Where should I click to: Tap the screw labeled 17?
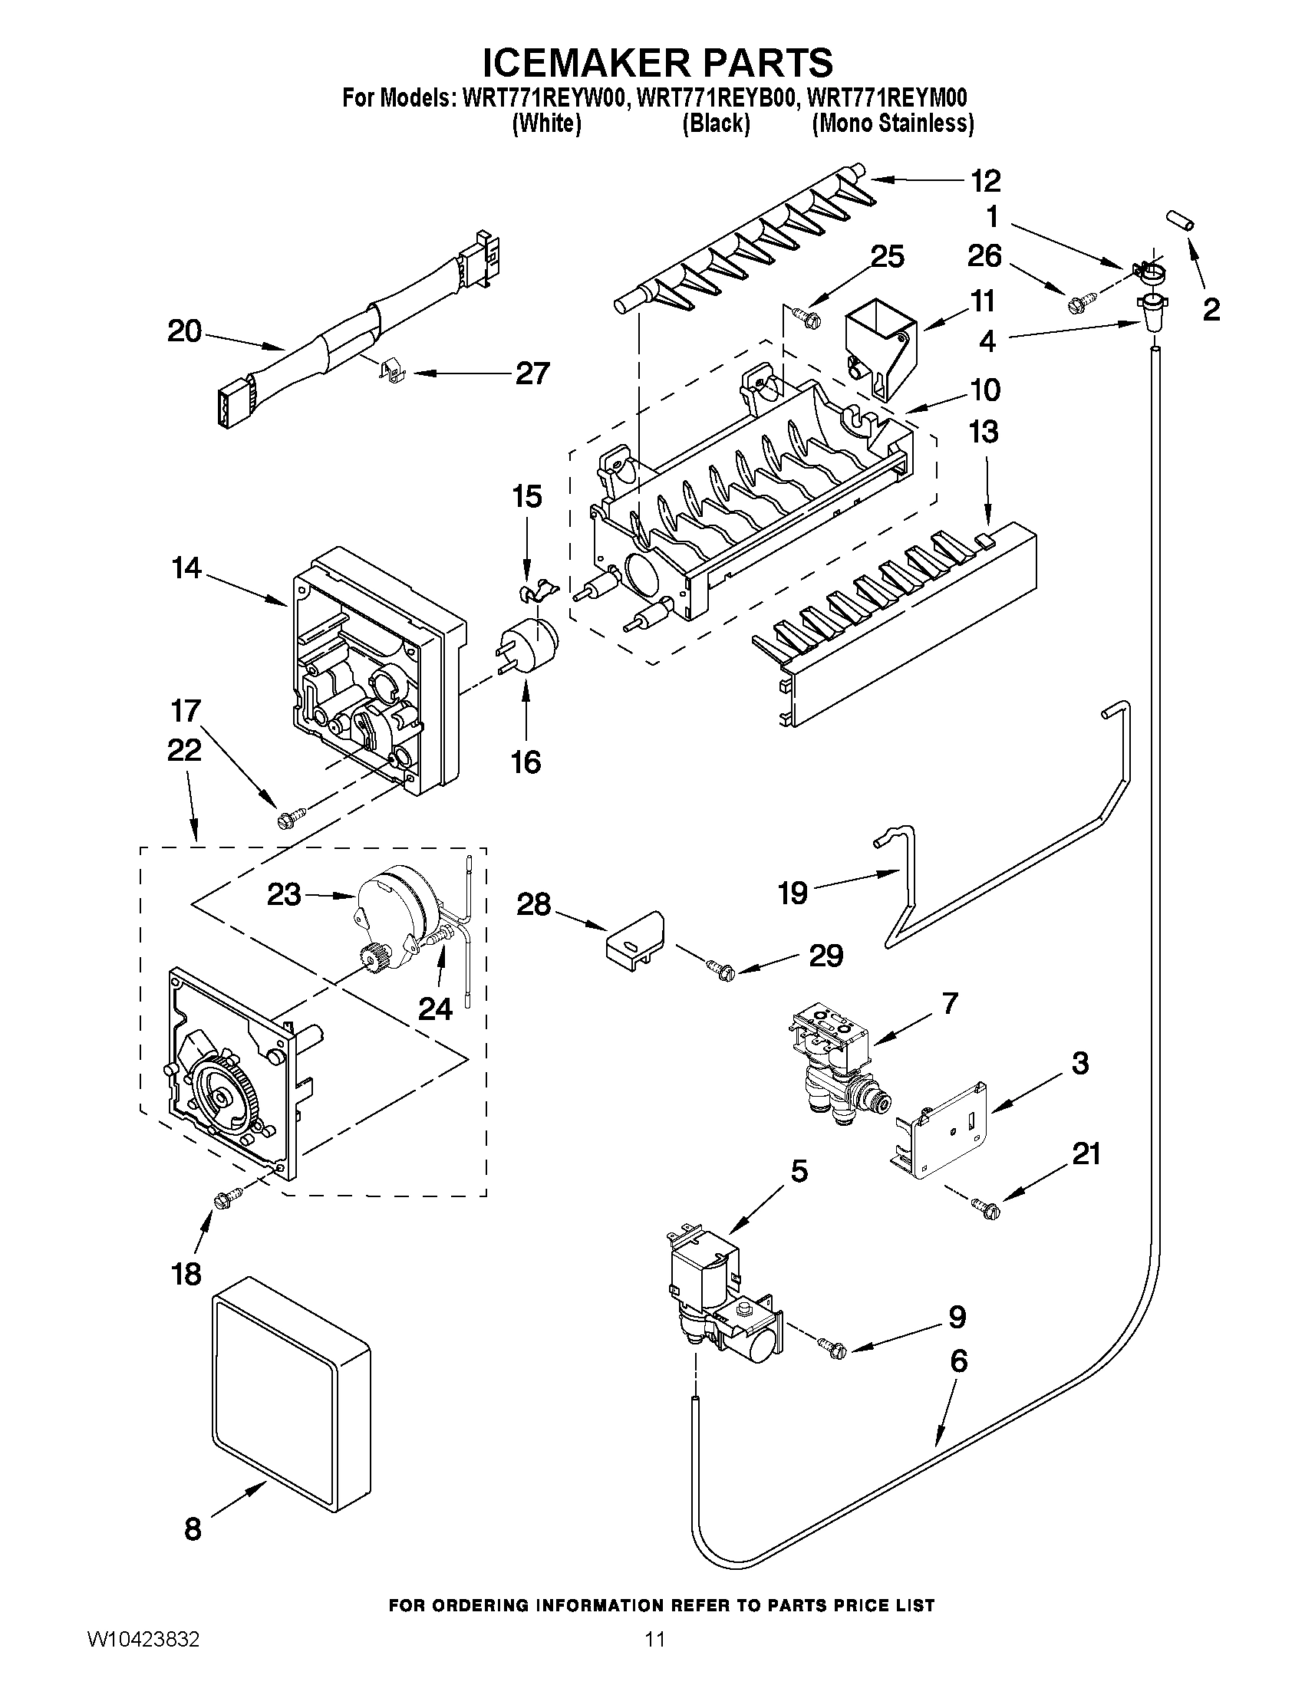(291, 817)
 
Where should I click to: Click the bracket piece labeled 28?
(633, 939)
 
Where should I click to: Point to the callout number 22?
(184, 750)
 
